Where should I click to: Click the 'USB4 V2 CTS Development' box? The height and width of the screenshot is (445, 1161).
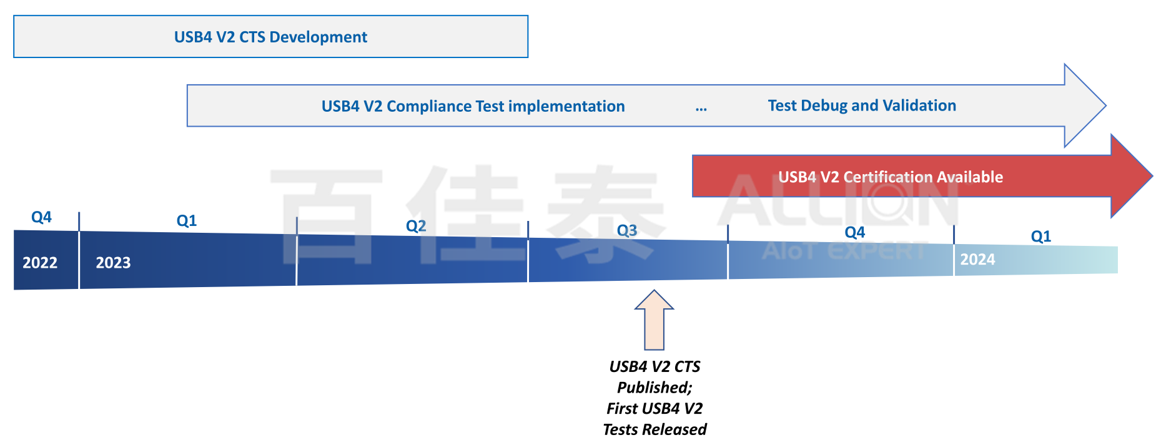270,37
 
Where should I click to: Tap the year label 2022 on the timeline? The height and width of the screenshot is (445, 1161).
40,263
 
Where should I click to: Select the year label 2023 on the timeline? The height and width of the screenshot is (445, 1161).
113,263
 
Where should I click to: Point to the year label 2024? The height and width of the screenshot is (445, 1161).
977,260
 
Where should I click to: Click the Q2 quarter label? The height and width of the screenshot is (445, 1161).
416,226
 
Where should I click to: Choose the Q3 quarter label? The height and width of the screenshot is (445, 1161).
627,231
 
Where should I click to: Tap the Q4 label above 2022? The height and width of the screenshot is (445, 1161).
41,217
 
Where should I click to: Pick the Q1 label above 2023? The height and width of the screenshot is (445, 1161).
187,220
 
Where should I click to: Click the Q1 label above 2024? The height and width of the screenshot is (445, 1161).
1041,237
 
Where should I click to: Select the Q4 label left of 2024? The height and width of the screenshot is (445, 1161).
855,233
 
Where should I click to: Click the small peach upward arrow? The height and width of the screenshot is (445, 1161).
654,320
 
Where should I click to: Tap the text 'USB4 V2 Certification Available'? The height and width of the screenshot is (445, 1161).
891,177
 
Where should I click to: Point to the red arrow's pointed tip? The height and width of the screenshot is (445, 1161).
1152,176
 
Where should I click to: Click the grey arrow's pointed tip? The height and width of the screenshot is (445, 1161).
1106,105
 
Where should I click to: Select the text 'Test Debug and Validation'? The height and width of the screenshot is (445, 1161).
862,105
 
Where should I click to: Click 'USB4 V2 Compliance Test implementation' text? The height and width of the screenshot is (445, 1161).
473,106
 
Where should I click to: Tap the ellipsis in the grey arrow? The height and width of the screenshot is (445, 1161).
701,109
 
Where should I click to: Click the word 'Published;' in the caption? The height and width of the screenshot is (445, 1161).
655,388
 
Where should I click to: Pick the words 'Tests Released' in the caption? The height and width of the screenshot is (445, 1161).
655,429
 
